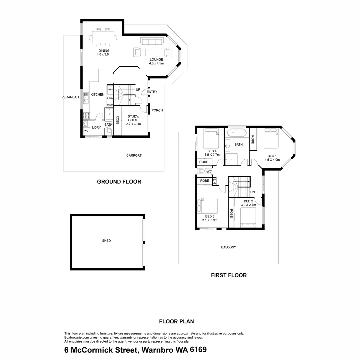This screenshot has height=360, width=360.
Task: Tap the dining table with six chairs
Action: pos(103,37)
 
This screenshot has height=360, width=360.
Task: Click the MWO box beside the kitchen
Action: pos(110,105)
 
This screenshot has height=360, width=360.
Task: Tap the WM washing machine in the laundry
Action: pos(86,131)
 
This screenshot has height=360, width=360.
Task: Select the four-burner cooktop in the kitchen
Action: pos(86,115)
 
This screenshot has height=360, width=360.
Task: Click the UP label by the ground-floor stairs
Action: pos(138,90)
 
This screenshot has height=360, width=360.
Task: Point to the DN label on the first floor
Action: pos(252,192)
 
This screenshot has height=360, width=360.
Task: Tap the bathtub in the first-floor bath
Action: pos(236,133)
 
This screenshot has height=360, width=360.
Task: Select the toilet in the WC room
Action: pos(200,171)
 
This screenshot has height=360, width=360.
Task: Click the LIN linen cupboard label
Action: pos(214,182)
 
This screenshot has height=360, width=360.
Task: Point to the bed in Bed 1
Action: pos(270,138)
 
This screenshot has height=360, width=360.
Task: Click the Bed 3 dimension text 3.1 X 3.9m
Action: pos(210,220)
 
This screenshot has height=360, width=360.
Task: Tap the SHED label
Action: pos(107,241)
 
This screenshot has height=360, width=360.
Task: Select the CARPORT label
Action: pos(134,155)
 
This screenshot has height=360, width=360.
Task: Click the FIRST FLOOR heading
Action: pos(229,275)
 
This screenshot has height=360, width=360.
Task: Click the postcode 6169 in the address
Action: pos(198,350)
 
